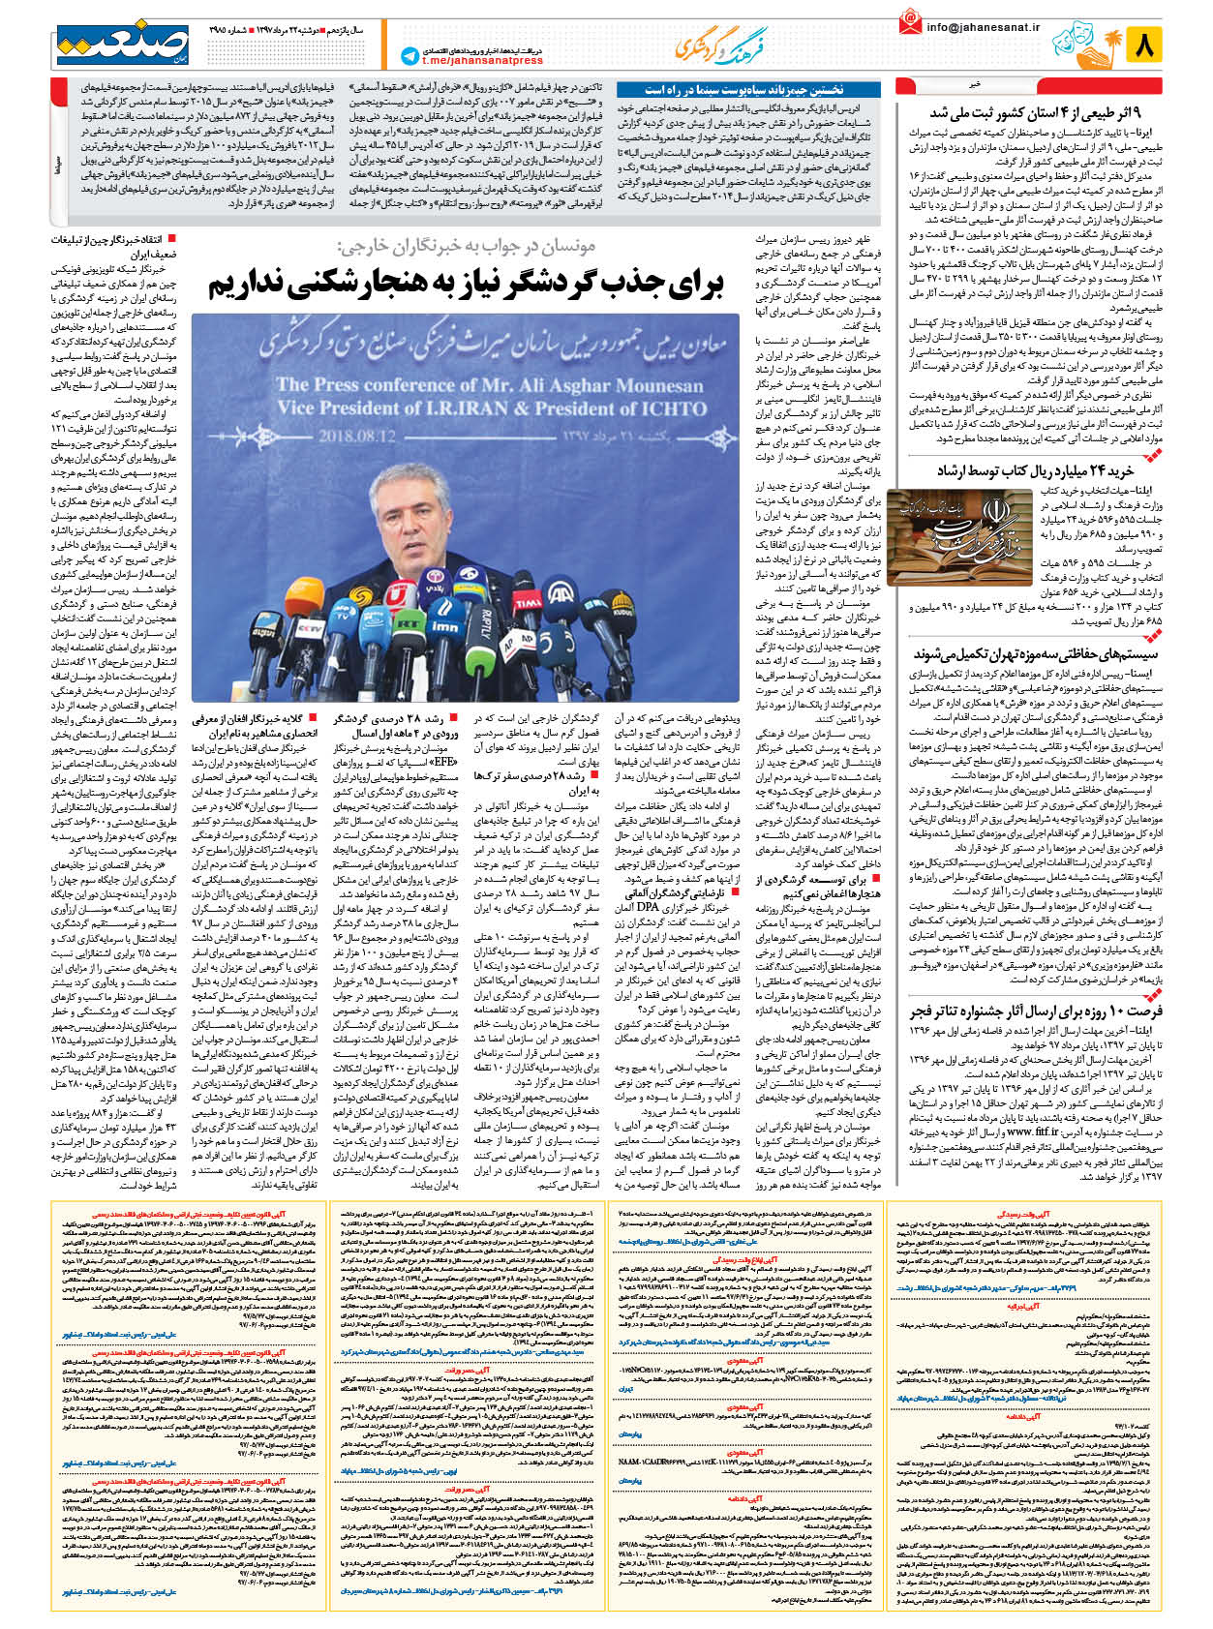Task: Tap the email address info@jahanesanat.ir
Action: pyautogui.click(x=983, y=27)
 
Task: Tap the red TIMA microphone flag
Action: pyautogui.click(x=529, y=603)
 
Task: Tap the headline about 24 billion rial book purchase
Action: pyautogui.click(x=1034, y=470)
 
